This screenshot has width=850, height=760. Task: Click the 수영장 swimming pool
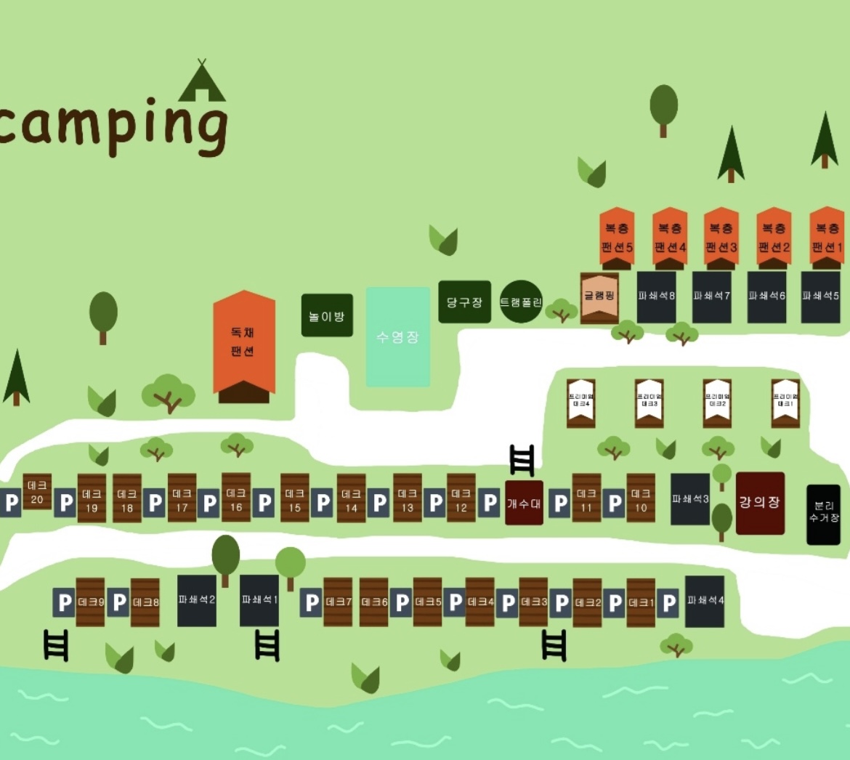click(397, 336)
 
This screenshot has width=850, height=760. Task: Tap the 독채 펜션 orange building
click(243, 343)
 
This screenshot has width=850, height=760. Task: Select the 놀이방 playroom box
click(327, 315)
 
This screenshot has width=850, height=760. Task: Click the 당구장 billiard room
click(464, 302)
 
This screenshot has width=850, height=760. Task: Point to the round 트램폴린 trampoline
click(521, 302)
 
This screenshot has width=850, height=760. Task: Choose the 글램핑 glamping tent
click(599, 296)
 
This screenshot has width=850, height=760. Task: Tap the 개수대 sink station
click(524, 502)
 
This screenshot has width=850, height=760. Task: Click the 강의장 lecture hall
click(760, 503)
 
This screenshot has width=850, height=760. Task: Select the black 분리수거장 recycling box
click(824, 514)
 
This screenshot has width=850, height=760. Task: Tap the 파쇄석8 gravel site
click(657, 296)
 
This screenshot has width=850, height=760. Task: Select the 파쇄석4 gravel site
click(705, 601)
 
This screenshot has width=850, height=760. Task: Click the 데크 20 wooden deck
click(37, 492)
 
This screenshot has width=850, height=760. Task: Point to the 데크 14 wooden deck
click(351, 499)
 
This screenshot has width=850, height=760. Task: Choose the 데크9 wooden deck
click(91, 602)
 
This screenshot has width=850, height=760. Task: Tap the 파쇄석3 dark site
click(689, 499)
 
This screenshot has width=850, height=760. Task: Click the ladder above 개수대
click(522, 460)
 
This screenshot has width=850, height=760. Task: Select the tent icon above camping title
click(202, 82)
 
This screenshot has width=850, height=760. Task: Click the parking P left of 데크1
click(615, 602)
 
